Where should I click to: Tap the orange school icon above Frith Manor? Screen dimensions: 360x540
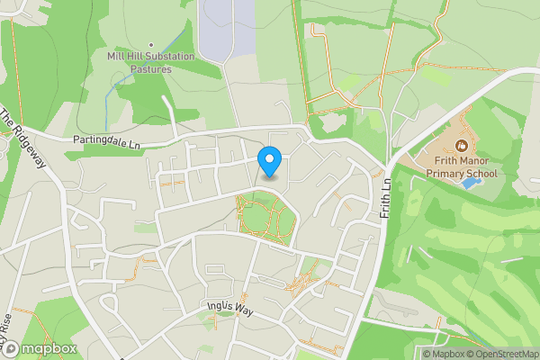pos(462,145)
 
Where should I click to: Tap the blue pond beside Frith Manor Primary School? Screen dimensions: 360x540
pos(469,183)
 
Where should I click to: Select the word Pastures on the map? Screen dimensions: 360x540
pos(151,67)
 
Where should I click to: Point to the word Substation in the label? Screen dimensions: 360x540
pos(163,56)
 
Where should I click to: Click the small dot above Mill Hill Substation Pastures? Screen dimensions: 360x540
pos(151,44)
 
